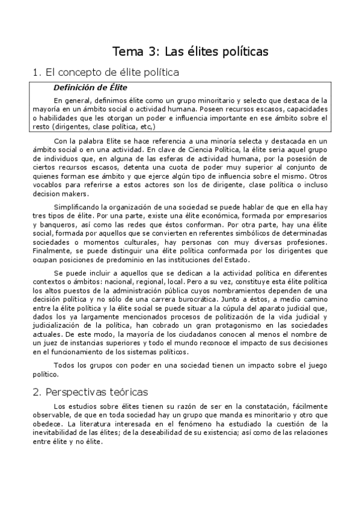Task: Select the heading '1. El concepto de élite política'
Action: [x=106, y=73]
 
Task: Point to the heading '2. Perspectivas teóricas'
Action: [x=90, y=392]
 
